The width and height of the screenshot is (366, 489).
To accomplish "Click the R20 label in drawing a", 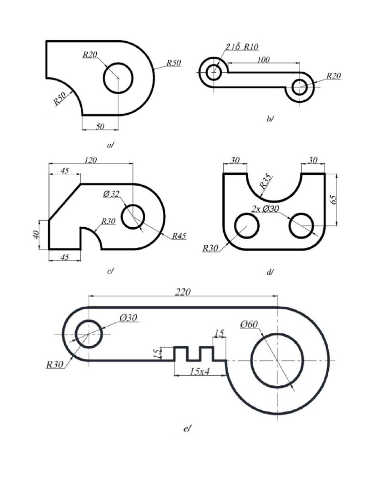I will click(90, 55).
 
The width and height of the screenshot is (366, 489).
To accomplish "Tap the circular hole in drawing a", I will click(118, 78).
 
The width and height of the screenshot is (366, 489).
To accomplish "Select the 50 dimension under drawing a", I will click(100, 126).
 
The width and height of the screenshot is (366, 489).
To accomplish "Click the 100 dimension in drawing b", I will click(263, 60).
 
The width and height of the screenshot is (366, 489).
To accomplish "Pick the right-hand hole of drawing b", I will click(300, 87).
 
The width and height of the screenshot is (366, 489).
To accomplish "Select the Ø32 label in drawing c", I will click(111, 193).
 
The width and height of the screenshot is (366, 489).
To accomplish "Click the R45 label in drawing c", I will click(180, 235).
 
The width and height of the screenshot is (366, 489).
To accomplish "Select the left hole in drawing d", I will click(247, 225).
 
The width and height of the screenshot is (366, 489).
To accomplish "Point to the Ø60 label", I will click(249, 325).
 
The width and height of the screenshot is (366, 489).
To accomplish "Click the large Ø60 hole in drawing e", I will click(277, 361).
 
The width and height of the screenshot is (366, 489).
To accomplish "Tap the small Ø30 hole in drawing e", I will click(88, 334).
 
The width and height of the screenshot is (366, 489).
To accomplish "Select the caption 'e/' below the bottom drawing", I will click(187, 429).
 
